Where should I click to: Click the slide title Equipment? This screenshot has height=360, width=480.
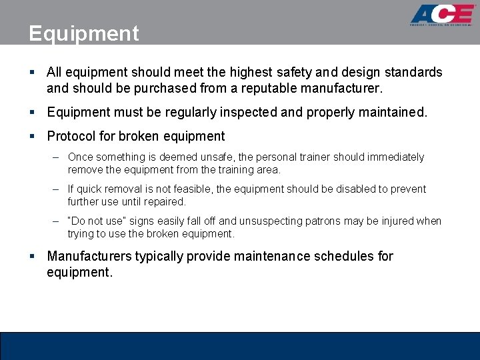tap(84, 33)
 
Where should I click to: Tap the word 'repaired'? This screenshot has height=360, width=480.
tap(165, 201)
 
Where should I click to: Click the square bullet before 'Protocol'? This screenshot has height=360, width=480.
tap(33, 136)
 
